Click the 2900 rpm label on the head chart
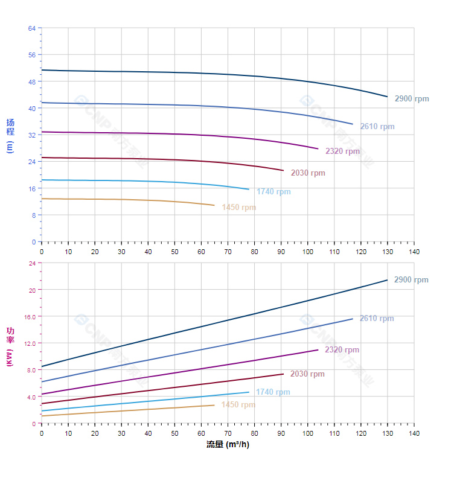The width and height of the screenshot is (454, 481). point(412,98)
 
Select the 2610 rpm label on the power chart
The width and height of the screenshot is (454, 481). point(377,319)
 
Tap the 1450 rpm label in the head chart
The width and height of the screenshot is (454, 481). point(238,208)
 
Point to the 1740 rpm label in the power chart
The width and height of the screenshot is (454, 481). point(273,392)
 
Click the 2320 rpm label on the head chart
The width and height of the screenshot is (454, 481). point(342,151)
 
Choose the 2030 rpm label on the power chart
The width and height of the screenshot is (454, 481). point(307,374)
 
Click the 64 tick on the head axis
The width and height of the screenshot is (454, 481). point(31,28)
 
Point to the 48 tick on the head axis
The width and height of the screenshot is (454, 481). point(31,81)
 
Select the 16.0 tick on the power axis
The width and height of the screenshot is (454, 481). point(30,316)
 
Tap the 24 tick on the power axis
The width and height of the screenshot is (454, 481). point(31,263)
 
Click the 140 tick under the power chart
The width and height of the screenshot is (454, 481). point(414,433)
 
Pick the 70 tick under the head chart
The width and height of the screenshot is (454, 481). point(228,252)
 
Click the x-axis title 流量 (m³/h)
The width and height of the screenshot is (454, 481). point(228,445)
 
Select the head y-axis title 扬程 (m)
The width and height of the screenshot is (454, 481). point(10,135)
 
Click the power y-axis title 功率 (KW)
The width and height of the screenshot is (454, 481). point(10,346)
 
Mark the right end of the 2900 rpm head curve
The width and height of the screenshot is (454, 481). point(388,97)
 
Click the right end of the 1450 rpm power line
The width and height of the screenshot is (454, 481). point(214,405)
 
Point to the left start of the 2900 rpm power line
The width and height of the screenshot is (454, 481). point(42,366)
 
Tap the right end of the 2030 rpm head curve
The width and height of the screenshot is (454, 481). point(283,170)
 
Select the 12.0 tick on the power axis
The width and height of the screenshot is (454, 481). point(30,343)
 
